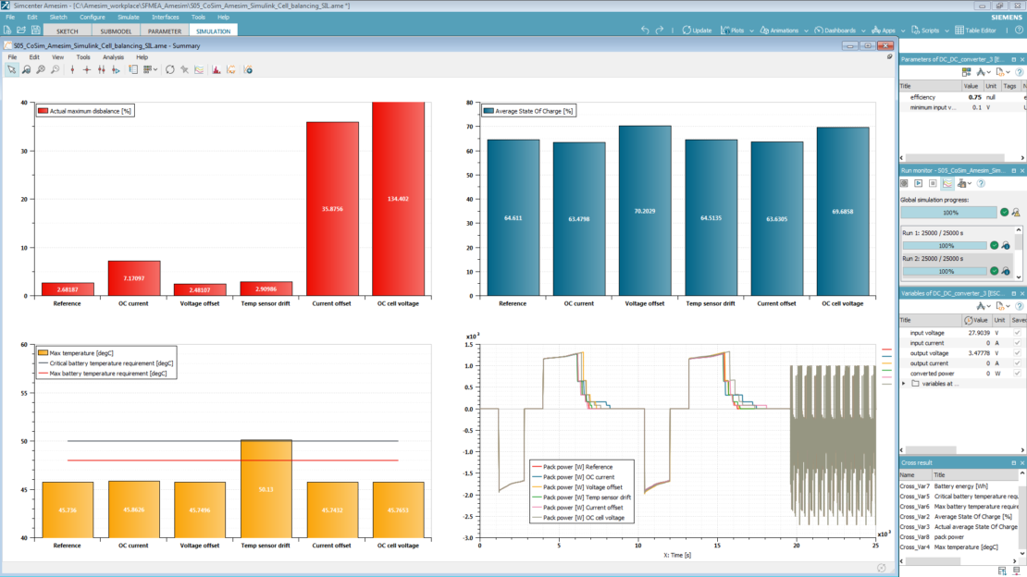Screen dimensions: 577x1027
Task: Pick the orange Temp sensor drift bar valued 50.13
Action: pyautogui.click(x=266, y=488)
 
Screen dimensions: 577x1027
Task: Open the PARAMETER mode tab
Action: pyautogui.click(x=165, y=31)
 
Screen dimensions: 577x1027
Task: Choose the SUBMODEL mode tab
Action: pyautogui.click(x=117, y=31)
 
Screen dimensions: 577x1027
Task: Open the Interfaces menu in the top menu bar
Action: pyautogui.click(x=166, y=17)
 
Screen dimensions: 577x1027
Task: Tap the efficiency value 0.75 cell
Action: pyautogui.click(x=974, y=97)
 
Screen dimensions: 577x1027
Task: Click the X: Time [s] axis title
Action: pyautogui.click(x=679, y=555)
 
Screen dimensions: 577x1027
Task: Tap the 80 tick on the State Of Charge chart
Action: pyautogui.click(x=470, y=103)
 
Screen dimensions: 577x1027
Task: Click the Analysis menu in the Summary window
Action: pyautogui.click(x=113, y=57)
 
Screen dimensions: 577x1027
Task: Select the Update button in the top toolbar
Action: pyautogui.click(x=697, y=31)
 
